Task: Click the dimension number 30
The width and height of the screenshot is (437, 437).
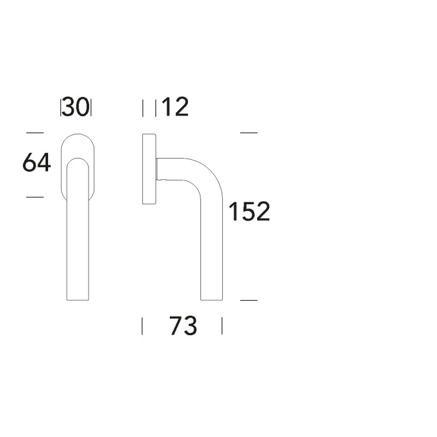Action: (x=76, y=107)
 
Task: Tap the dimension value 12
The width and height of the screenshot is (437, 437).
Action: (x=175, y=107)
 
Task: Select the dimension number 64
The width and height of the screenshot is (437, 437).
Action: (x=36, y=162)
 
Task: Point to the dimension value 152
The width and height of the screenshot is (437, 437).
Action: (x=249, y=212)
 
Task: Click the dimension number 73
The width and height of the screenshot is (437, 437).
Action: (x=183, y=325)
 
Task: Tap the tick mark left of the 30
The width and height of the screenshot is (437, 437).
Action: (x=61, y=107)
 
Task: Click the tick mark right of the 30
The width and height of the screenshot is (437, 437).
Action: (x=91, y=107)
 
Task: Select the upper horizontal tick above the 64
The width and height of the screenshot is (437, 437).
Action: (x=35, y=133)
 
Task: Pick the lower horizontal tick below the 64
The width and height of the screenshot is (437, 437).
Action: (x=35, y=197)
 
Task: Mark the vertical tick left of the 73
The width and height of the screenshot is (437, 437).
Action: (x=142, y=326)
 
